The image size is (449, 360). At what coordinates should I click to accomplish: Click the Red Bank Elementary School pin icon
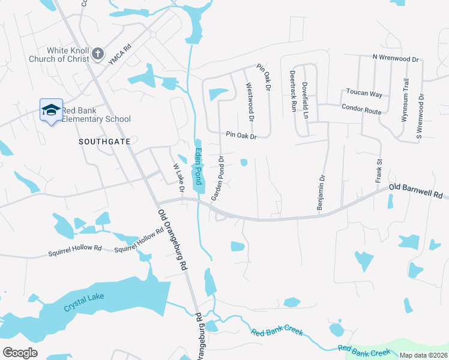pos(51,110)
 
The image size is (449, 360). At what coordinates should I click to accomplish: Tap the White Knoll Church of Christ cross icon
pos(97,55)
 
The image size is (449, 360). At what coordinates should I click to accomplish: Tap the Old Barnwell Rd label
pos(415,191)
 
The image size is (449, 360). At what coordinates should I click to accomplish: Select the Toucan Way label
pos(364,94)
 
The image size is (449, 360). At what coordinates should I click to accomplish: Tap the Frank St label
pos(379,171)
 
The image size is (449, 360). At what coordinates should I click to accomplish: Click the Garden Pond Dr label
pos(217,179)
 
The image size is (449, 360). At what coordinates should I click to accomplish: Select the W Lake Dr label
pos(178,178)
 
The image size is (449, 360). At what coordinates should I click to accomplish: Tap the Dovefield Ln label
pos(305,100)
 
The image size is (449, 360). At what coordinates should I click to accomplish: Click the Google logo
pos(20,353)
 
